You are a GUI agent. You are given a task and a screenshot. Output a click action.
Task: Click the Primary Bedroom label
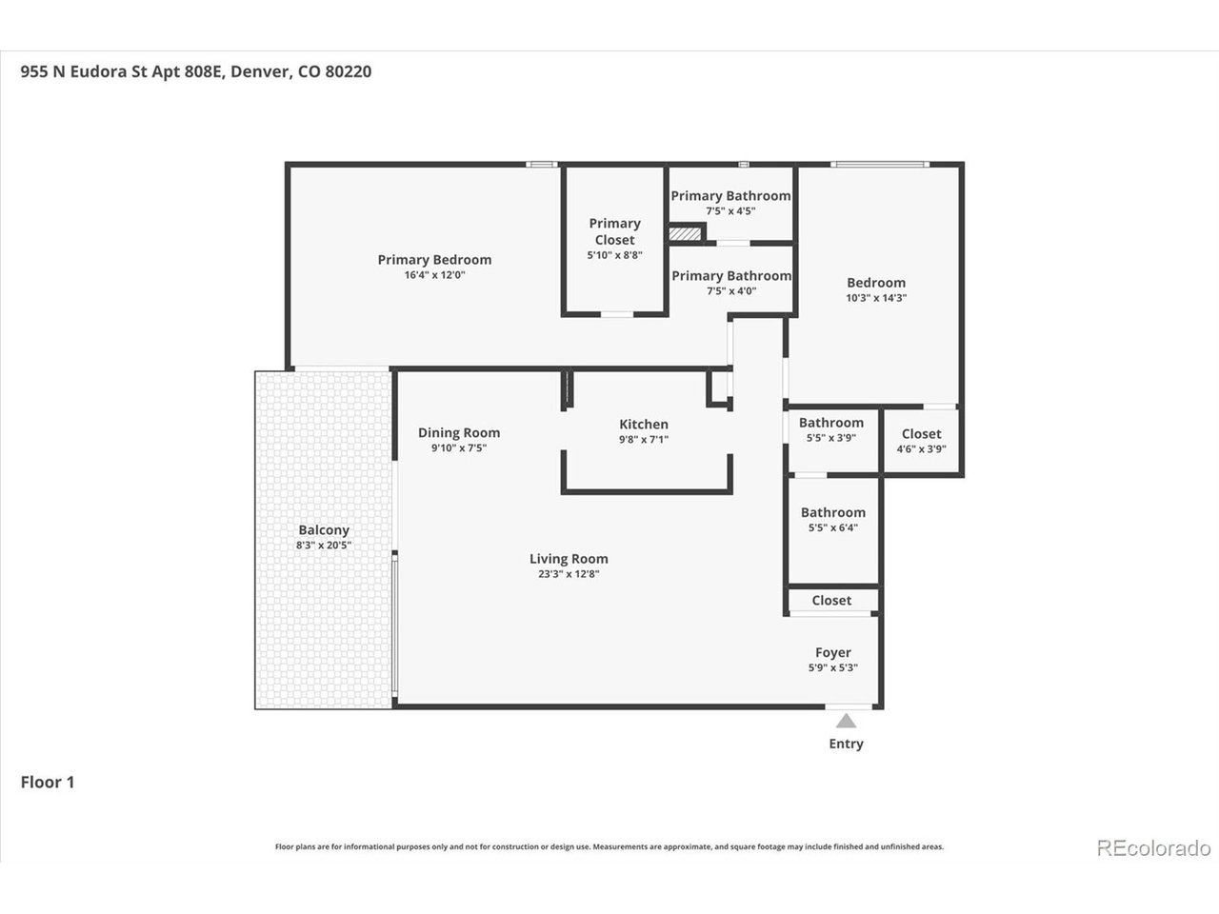pyautogui.click(x=434, y=260)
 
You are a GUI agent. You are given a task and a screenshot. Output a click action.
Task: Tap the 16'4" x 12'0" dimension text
pyautogui.click(x=434, y=275)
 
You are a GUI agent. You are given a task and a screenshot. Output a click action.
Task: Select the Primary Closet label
pyautogui.click(x=615, y=231)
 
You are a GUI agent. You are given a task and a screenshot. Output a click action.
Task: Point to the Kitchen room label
pyautogui.click(x=644, y=424)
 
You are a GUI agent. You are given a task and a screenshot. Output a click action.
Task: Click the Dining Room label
pyautogui.click(x=459, y=433)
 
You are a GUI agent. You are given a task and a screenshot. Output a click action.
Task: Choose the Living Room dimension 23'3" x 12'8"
pyautogui.click(x=569, y=574)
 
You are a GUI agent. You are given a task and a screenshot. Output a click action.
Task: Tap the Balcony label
pyautogui.click(x=324, y=530)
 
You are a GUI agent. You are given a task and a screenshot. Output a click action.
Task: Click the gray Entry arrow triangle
pyautogui.click(x=846, y=721)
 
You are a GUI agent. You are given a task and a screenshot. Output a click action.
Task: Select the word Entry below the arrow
pyautogui.click(x=846, y=744)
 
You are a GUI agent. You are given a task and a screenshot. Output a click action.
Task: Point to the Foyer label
pyautogui.click(x=833, y=652)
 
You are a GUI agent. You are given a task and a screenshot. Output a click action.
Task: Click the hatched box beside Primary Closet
pyautogui.click(x=685, y=233)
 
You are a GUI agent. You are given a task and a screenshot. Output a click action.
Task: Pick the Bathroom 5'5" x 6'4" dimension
pyautogui.click(x=833, y=527)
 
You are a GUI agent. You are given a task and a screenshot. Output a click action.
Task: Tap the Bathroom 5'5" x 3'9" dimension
pyautogui.click(x=831, y=438)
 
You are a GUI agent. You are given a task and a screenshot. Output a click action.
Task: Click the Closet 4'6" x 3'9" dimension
pyautogui.click(x=921, y=449)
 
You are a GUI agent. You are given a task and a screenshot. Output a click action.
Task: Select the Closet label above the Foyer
pyautogui.click(x=831, y=601)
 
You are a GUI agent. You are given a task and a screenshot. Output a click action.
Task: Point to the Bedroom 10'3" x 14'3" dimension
pyautogui.click(x=876, y=298)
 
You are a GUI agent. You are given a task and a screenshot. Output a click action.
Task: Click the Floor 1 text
pyautogui.click(x=48, y=783)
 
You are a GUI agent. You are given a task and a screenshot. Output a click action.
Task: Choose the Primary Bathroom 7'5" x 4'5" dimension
pyautogui.click(x=730, y=210)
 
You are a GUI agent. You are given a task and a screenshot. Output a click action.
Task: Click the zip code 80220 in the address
pyautogui.click(x=349, y=71)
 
